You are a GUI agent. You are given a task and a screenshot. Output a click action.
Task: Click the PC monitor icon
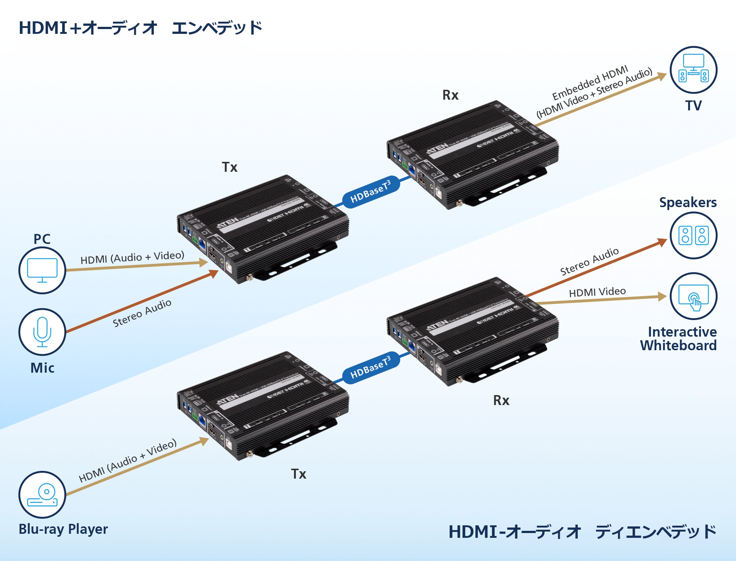(x=42, y=270)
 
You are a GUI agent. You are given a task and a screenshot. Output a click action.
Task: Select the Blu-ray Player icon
(x=42, y=495)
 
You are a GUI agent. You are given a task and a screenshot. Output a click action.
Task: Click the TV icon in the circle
(x=693, y=70)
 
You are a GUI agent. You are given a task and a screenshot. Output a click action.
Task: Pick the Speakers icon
(x=693, y=235)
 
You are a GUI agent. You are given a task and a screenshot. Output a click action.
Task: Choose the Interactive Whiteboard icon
(x=693, y=296)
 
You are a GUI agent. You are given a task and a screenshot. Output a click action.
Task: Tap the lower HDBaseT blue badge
(x=370, y=368)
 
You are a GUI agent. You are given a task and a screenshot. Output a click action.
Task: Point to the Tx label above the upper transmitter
(x=230, y=167)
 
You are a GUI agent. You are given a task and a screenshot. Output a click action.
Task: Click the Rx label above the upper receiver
(x=450, y=95)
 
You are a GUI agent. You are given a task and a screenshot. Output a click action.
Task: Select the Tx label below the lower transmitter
(x=298, y=474)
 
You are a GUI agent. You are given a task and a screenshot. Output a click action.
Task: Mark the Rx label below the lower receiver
(x=501, y=401)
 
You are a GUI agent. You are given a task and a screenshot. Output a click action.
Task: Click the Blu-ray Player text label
(x=63, y=529)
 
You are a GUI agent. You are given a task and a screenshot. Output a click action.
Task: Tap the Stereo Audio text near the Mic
(x=142, y=313)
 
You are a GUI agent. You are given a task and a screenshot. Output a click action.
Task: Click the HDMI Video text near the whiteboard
(x=597, y=292)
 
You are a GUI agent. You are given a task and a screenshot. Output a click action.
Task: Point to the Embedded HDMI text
(x=590, y=83)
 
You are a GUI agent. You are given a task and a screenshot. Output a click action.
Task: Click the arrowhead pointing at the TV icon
(x=662, y=76)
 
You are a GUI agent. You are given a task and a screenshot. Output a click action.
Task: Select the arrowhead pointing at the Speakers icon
(x=662, y=242)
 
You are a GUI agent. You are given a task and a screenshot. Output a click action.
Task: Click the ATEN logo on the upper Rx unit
(x=438, y=149)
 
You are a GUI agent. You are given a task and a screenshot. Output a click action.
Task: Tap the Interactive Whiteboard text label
(x=679, y=338)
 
